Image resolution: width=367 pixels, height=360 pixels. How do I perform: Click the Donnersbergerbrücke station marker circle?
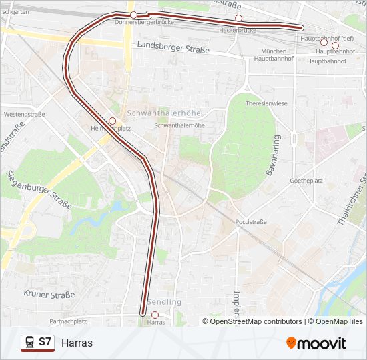pyautogui.click(x=133, y=15)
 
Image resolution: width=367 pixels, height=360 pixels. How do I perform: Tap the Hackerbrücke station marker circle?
pyautogui.click(x=238, y=18)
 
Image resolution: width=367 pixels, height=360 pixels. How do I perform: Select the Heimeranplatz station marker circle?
pyautogui.click(x=112, y=120)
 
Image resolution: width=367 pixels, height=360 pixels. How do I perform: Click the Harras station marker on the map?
pyautogui.click(x=155, y=315)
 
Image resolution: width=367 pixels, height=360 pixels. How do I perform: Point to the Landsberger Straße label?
pyautogui.click(x=173, y=48)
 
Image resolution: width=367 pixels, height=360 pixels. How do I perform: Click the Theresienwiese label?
pyautogui.click(x=266, y=104)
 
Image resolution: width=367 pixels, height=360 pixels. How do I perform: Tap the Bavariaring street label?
pyautogui.click(x=272, y=156)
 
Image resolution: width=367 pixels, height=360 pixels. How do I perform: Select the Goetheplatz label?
pyautogui.click(x=306, y=181)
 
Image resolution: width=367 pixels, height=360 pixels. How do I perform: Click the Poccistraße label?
pyautogui.click(x=251, y=222)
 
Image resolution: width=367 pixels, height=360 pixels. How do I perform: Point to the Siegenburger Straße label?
pyautogui.click(x=39, y=189)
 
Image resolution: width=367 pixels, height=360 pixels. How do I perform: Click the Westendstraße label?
pyautogui.click(x=24, y=114)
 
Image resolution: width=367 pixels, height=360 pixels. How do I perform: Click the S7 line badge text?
pyautogui.click(x=45, y=342)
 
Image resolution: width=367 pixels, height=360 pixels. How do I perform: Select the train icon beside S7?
pyautogui.click(x=29, y=342)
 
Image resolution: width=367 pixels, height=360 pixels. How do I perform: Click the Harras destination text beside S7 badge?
pyautogui.click(x=77, y=343)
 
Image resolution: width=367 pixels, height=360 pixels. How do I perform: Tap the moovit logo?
pyautogui.click(x=316, y=343)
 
